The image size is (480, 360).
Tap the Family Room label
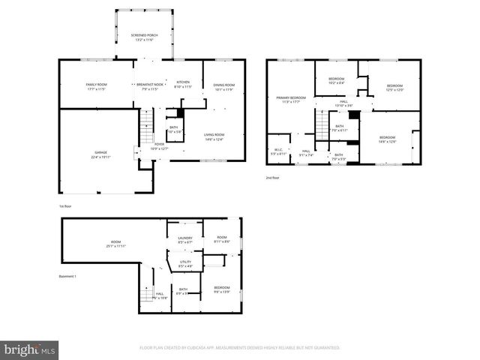coord(96,86)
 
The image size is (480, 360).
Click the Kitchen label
coord(183,84)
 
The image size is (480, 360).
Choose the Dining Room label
coord(223,86)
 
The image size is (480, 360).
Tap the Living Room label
coord(214,137)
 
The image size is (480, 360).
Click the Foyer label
coord(159,146)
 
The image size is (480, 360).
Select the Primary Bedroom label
coord(291,100)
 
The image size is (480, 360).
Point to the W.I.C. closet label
coord(277,151)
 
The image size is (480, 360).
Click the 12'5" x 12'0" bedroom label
coord(394,88)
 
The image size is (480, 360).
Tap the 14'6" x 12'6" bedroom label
coord(387,139)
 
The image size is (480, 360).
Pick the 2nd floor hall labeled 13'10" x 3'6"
coord(343,103)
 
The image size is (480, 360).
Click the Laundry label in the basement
coord(185,240)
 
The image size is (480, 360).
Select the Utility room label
coord(185,263)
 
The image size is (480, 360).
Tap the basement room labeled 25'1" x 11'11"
coord(115,244)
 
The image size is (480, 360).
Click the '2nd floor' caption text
coord(273,178)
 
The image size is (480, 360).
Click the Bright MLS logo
coord(30,349)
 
